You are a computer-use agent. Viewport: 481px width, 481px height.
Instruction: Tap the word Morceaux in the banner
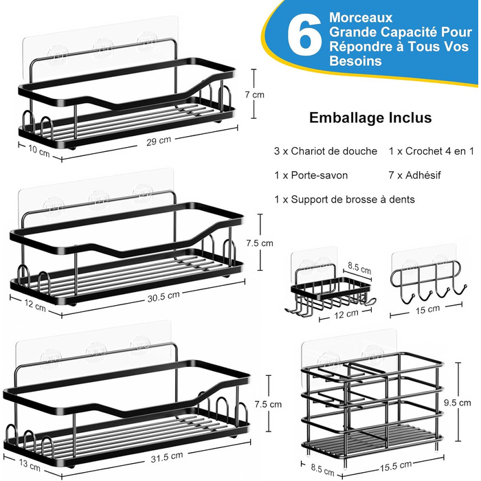coord(361,17)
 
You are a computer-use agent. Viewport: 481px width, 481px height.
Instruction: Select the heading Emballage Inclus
coord(370,118)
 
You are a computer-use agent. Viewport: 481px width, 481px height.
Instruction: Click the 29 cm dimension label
coord(158,141)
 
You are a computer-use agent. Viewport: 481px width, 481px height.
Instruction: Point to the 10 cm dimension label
coord(39,150)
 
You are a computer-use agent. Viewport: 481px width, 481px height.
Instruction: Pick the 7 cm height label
coord(254,95)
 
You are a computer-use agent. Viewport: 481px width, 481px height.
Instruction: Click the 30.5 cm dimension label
coord(164,296)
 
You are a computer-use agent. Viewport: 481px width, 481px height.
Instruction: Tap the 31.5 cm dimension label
coord(166,457)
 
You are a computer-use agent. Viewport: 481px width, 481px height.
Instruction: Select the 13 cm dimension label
coord(30,465)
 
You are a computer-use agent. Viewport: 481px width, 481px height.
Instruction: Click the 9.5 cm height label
coord(458,403)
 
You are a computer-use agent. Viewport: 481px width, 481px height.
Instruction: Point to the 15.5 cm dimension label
coord(396,467)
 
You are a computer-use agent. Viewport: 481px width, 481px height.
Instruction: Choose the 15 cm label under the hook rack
coord(427,309)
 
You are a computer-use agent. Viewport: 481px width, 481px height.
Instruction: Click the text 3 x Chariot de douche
coord(326,151)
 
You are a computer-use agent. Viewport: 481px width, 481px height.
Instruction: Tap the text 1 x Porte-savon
coord(311,175)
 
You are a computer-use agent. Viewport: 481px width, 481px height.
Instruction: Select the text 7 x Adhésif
coord(414,175)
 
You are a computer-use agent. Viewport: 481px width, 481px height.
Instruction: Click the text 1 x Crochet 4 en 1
coord(432,151)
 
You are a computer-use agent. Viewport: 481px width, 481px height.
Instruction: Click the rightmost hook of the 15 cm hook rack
coord(458,291)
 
